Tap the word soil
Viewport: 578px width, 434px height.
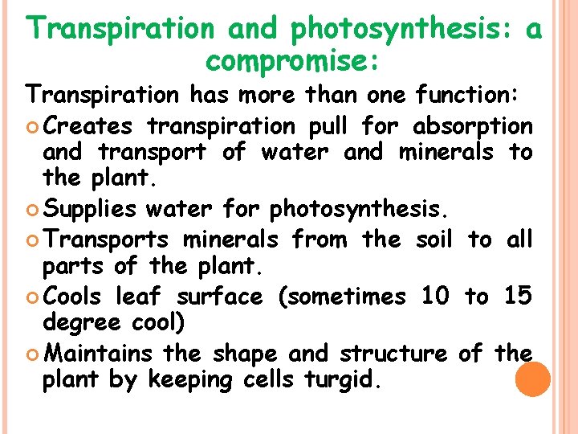coord(435,240)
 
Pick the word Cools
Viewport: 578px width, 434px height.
coord(72,297)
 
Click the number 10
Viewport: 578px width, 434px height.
coord(435,297)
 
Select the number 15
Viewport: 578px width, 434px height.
coord(518,297)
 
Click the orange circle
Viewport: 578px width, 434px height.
coord(531,379)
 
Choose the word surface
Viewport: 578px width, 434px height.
coord(219,297)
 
